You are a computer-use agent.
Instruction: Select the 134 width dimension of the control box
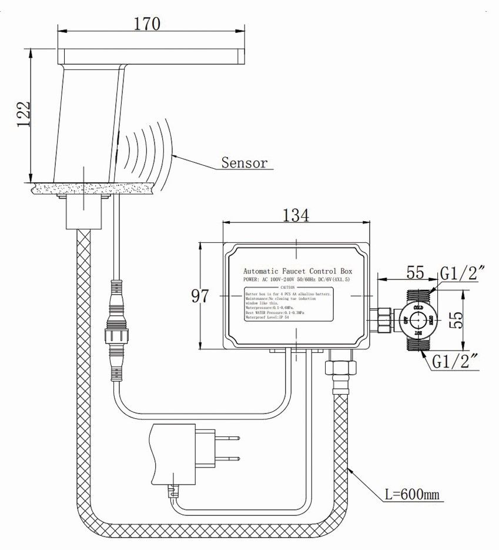click(297, 215)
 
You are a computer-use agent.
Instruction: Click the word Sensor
click(244, 163)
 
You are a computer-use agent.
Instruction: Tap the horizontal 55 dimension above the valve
click(416, 273)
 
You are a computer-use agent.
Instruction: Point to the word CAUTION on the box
click(287, 287)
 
